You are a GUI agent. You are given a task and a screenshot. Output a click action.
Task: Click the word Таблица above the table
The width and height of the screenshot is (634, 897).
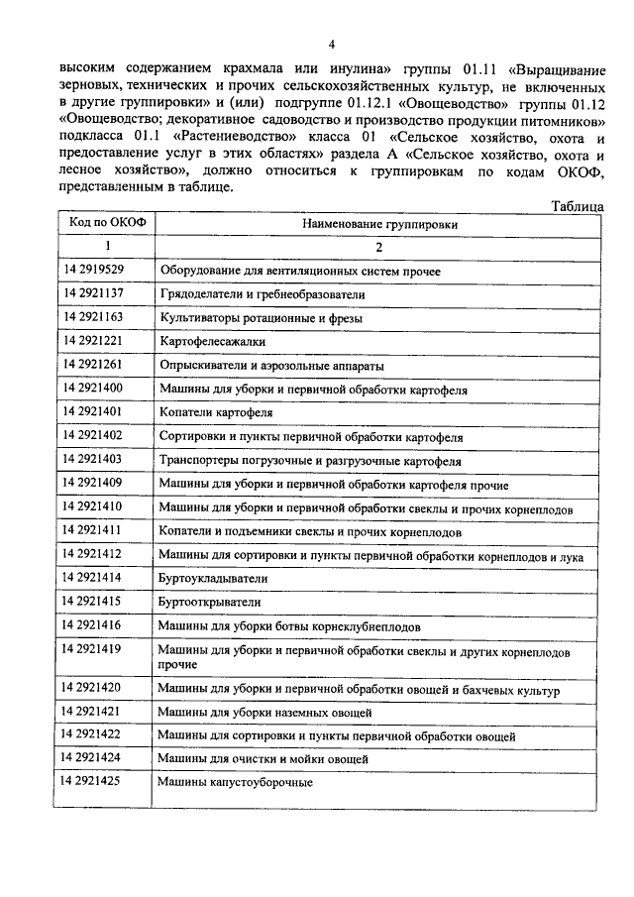[x=577, y=207]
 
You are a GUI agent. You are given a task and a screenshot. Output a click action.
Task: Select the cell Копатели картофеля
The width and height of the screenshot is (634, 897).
[x=216, y=412]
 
